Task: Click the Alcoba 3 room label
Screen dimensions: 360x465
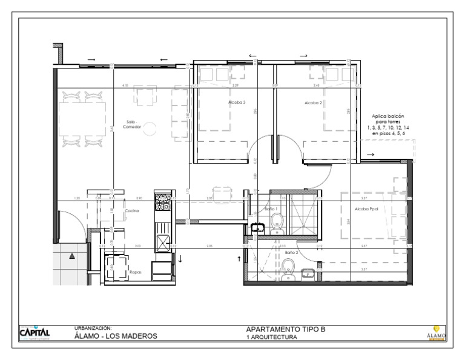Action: (x=237, y=103)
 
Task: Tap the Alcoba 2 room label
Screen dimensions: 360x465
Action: (x=312, y=103)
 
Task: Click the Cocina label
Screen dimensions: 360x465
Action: (x=132, y=210)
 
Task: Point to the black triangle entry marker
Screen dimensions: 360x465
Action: (x=73, y=256)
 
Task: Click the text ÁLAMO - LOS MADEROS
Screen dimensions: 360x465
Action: (x=116, y=336)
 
